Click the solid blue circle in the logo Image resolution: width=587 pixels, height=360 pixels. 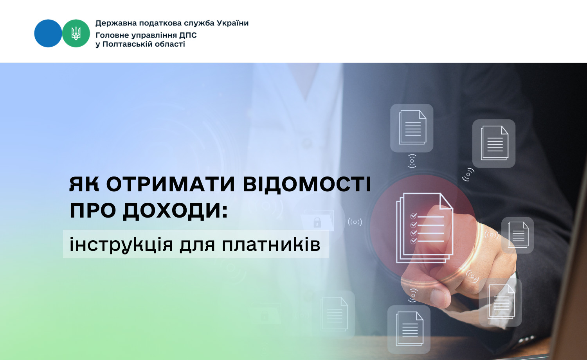[x=48, y=34]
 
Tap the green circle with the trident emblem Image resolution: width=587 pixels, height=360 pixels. [x=76, y=34]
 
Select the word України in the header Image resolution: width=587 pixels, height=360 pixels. [x=232, y=23]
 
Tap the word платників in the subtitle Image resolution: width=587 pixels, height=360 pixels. [x=271, y=245]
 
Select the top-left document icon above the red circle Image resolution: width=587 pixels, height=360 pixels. [x=412, y=128]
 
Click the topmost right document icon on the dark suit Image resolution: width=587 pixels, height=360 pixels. [x=494, y=143]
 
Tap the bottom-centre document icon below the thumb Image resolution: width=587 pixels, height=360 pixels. [x=409, y=329]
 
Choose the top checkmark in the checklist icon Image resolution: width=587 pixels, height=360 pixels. [x=413, y=216]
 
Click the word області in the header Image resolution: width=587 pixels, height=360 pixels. [x=169, y=44]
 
